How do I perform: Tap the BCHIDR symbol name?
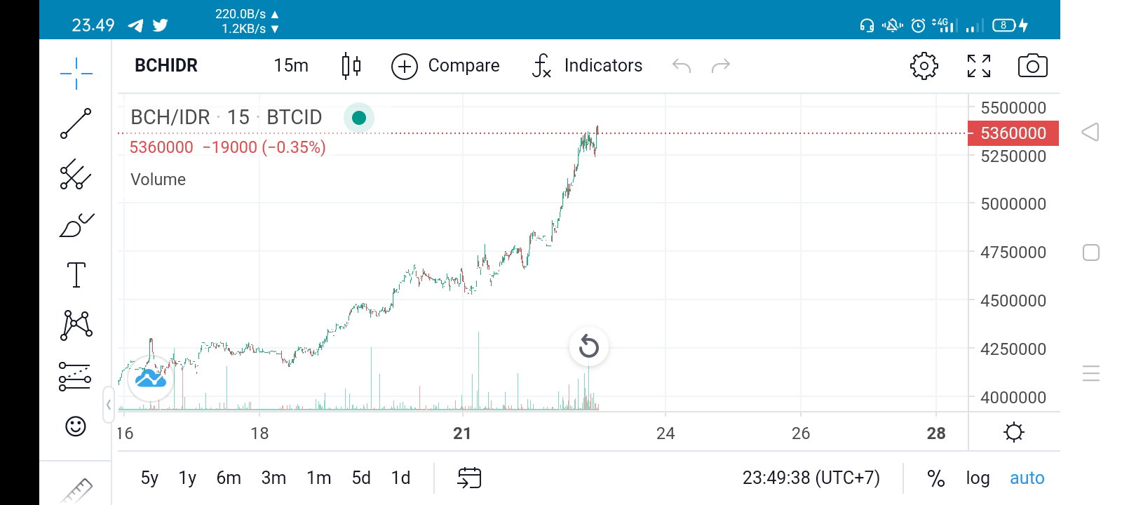pyautogui.click(x=165, y=65)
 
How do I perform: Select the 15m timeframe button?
pyautogui.click(x=290, y=65)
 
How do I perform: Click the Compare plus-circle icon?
pyautogui.click(x=404, y=66)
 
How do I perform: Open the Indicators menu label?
pyautogui.click(x=603, y=65)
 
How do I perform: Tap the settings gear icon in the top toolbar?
pyautogui.click(x=924, y=66)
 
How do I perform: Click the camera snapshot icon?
pyautogui.click(x=1032, y=66)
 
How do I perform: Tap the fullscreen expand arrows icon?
pyautogui.click(x=979, y=66)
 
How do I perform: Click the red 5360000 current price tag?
pyautogui.click(x=1013, y=133)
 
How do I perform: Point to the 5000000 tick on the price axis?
pyautogui.click(x=1013, y=204)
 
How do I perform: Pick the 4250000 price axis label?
pyautogui.click(x=1013, y=349)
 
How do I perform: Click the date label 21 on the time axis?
pyautogui.click(x=462, y=433)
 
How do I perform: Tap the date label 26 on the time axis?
pyautogui.click(x=800, y=433)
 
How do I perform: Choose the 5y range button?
pyautogui.click(x=149, y=478)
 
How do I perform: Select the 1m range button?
pyautogui.click(x=318, y=478)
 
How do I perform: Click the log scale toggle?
pyautogui.click(x=978, y=478)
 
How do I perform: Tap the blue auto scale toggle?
pyautogui.click(x=1027, y=478)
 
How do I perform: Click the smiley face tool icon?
pyautogui.click(x=76, y=426)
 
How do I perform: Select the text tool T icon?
pyautogui.click(x=76, y=275)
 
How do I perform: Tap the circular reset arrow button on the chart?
pyautogui.click(x=588, y=346)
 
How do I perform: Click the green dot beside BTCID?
pyautogui.click(x=358, y=118)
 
